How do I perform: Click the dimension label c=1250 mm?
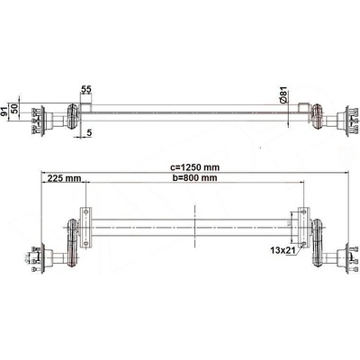pos(194,167)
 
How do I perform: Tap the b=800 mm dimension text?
pos(194,177)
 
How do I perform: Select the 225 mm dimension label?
pos(63,178)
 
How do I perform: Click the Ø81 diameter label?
pos(283,95)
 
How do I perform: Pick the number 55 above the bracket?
pos(86,89)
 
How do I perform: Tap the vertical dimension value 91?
pos(4,112)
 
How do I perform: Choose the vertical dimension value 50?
pos(15,108)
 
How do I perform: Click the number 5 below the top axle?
pos(89,132)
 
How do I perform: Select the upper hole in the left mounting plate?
pos(86,211)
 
